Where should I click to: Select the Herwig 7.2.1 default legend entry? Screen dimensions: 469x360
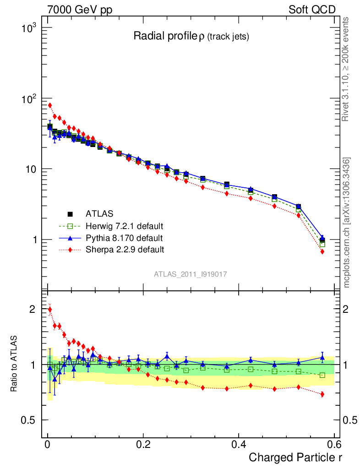(124, 226)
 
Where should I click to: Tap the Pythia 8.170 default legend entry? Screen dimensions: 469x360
(124, 238)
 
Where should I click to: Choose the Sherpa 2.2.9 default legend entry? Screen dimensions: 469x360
(125, 250)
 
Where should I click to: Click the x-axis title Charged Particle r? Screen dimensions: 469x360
(295, 457)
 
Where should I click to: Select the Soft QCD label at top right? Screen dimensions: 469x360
(312, 10)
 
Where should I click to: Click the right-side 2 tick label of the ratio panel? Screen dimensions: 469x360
(348, 309)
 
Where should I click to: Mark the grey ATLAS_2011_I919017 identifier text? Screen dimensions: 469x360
(191, 274)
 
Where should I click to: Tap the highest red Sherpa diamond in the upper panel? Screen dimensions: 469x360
(50, 105)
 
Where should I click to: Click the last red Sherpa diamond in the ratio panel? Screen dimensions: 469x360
(322, 394)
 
